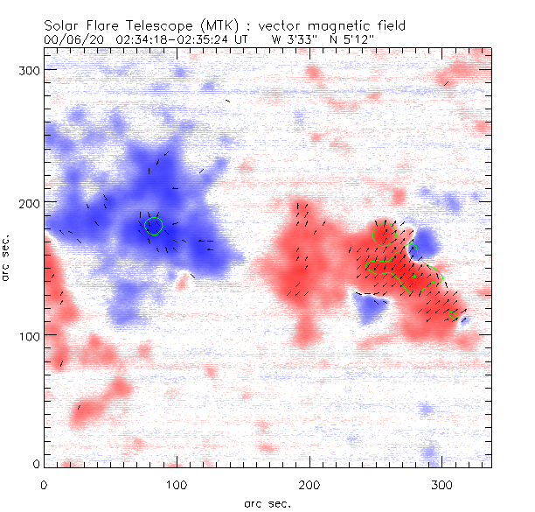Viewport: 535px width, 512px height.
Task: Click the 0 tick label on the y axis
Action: click(x=36, y=463)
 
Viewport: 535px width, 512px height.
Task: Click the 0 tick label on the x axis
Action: click(x=44, y=483)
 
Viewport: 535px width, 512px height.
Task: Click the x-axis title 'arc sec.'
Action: click(x=267, y=502)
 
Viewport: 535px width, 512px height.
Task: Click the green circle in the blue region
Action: click(x=155, y=227)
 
